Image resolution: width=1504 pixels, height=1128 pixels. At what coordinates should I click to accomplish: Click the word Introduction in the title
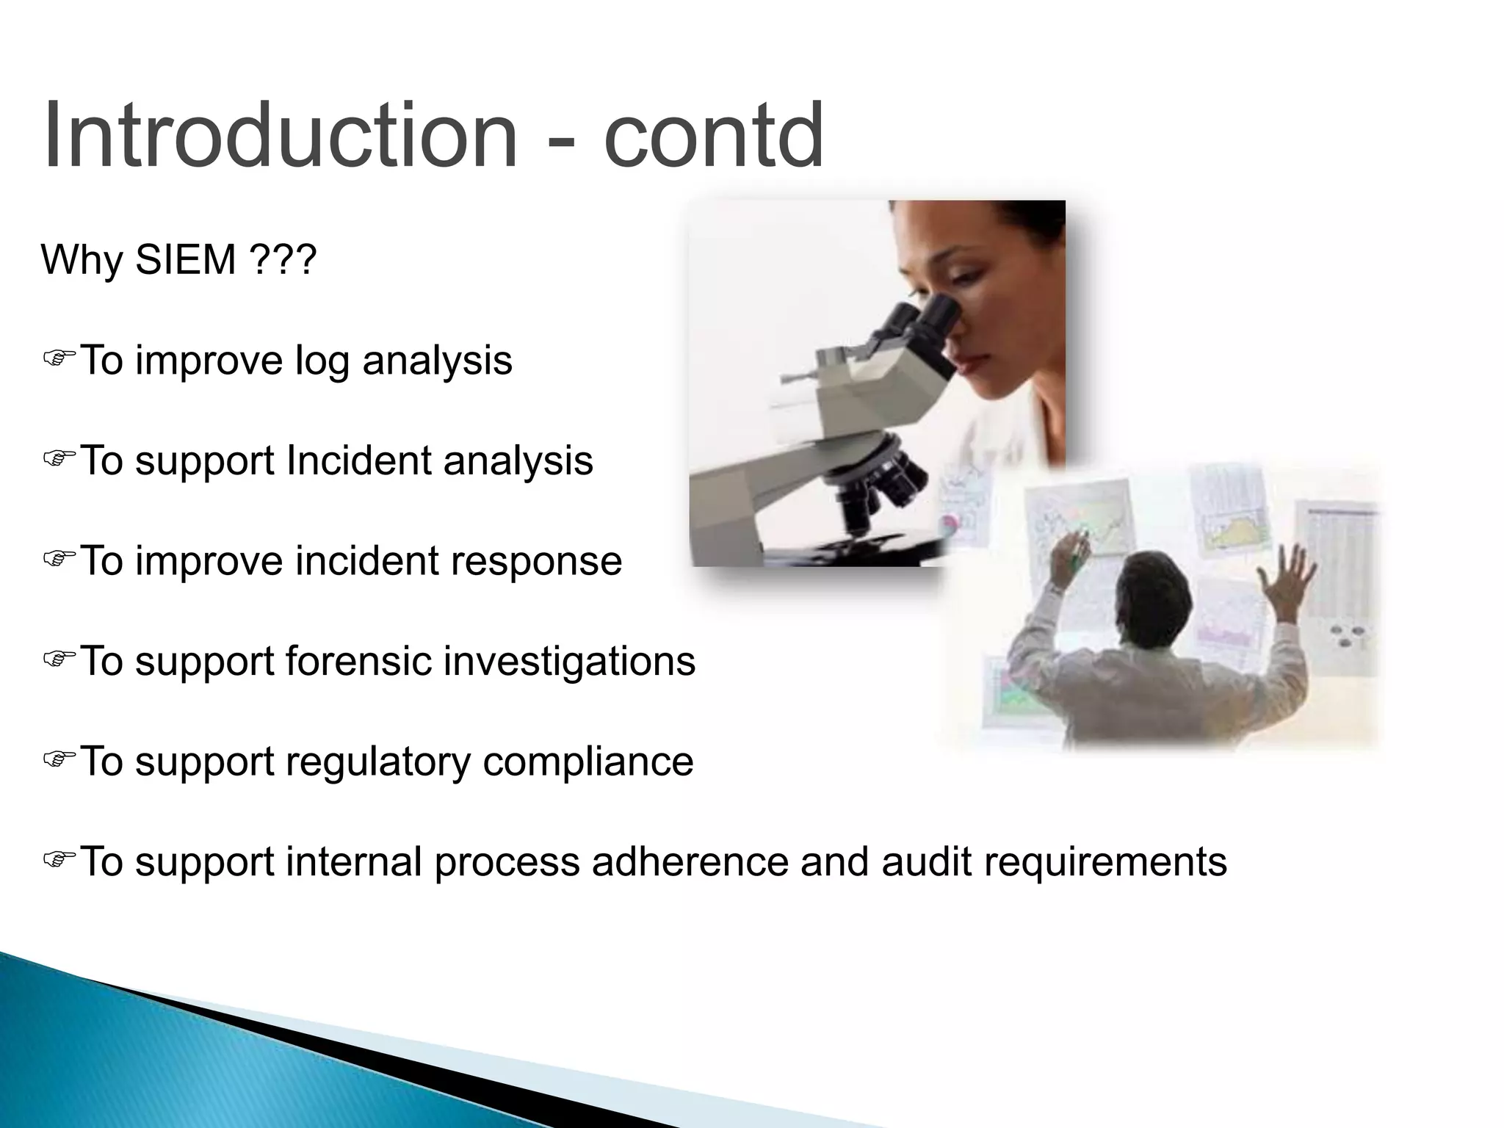(x=279, y=137)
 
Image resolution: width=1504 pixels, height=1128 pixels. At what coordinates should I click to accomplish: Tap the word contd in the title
(x=713, y=137)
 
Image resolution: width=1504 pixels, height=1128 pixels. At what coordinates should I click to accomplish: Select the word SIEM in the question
(x=185, y=260)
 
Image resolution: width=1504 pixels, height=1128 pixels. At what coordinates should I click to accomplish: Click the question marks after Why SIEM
(x=283, y=260)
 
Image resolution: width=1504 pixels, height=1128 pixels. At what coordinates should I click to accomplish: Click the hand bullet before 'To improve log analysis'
(x=59, y=358)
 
